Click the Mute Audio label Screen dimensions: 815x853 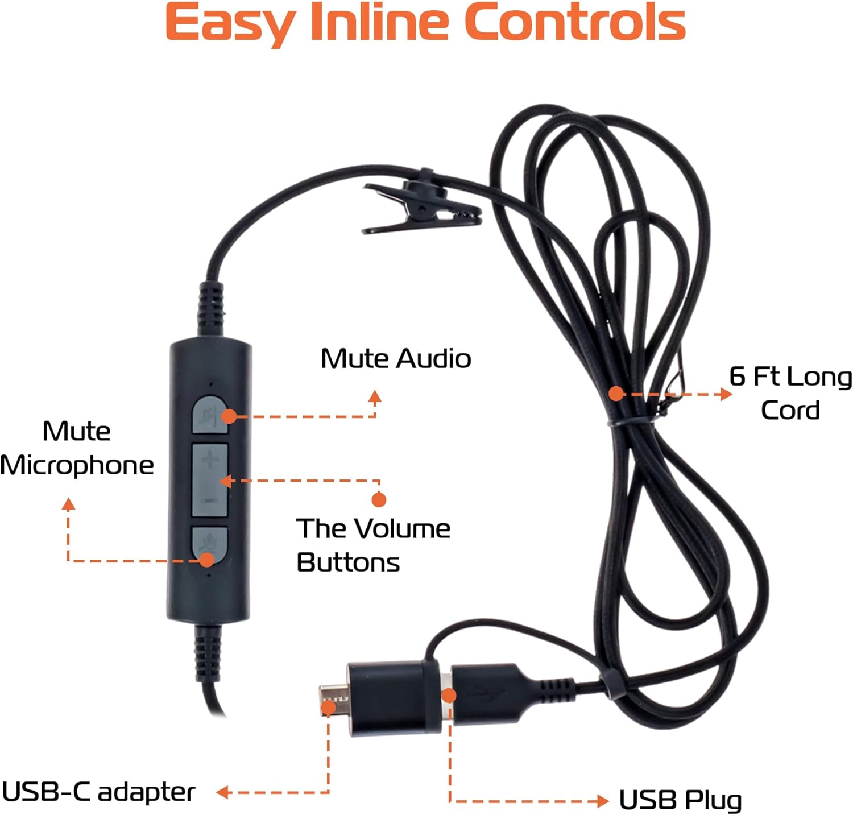[x=396, y=359]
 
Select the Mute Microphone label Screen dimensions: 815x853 [x=77, y=448]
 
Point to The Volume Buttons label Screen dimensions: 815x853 [x=372, y=545]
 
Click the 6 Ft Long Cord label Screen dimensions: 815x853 [x=790, y=393]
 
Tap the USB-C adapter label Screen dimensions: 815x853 [x=98, y=792]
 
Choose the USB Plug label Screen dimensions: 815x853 [x=680, y=800]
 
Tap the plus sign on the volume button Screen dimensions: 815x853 [x=209, y=458]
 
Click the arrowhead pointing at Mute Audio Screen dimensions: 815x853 [x=375, y=396]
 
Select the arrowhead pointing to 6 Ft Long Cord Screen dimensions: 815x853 [x=726, y=394]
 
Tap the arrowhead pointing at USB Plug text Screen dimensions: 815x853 [x=603, y=801]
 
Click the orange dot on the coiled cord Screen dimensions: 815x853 [x=616, y=393]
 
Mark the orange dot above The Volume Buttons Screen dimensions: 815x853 [x=379, y=499]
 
